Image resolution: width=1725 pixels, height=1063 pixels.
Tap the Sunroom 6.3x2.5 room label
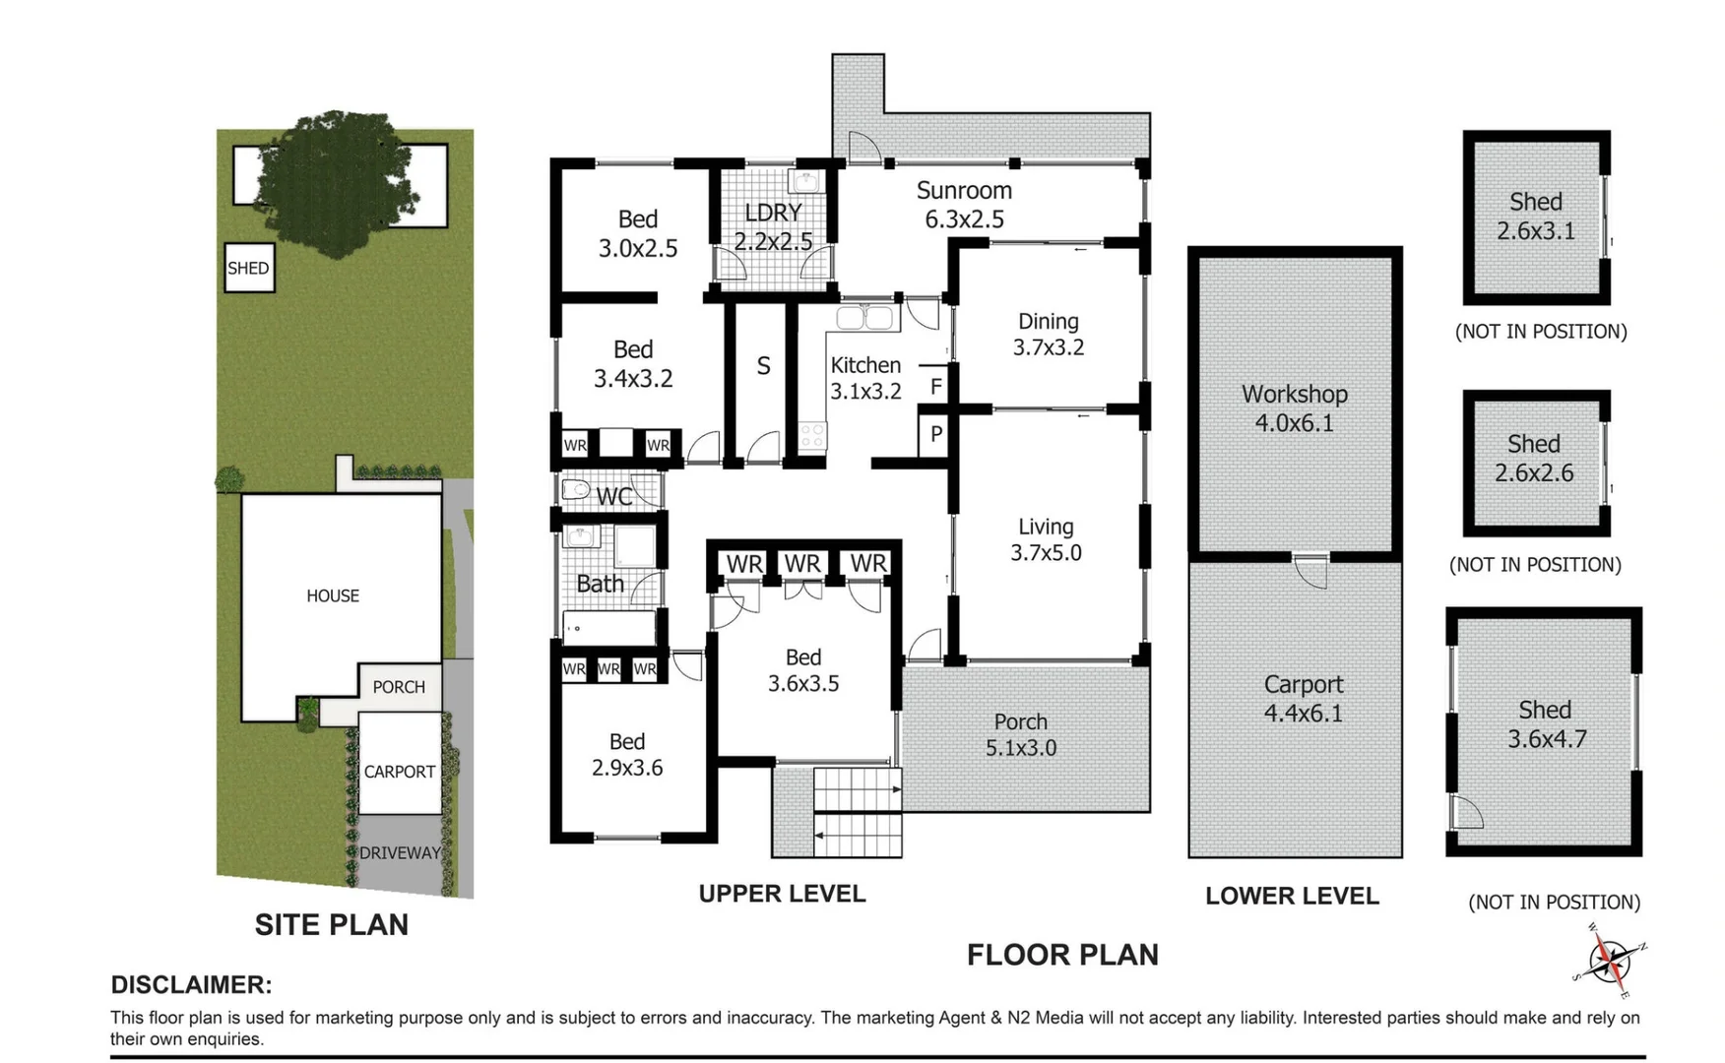[x=964, y=205]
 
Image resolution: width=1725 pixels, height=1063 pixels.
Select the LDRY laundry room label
[x=773, y=213]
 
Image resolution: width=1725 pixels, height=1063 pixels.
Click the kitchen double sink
[x=865, y=317]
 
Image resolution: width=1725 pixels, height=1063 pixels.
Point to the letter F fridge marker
[x=936, y=387]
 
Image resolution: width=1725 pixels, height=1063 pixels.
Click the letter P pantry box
[x=935, y=434]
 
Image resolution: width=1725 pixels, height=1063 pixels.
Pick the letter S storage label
[x=763, y=366]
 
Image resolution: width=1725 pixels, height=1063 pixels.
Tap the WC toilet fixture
[x=575, y=489]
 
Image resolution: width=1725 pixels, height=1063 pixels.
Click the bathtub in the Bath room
[x=608, y=627]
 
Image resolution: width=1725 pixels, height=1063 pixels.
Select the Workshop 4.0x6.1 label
[x=1294, y=408]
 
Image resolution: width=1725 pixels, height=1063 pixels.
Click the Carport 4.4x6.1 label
[x=1304, y=699]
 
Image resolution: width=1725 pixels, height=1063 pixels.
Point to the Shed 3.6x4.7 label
[x=1546, y=724]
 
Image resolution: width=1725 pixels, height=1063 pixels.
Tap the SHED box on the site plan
[x=249, y=268]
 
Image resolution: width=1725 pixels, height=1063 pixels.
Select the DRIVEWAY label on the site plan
[x=400, y=853]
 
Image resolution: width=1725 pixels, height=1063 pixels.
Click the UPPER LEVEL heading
[x=782, y=894]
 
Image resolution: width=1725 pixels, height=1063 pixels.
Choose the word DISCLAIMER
[x=191, y=984]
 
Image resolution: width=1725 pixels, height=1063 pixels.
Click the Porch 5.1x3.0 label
[x=1021, y=734]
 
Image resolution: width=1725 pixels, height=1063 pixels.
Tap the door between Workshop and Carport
[x=1310, y=570]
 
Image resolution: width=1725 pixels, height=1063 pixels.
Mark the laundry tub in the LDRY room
[x=805, y=181]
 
